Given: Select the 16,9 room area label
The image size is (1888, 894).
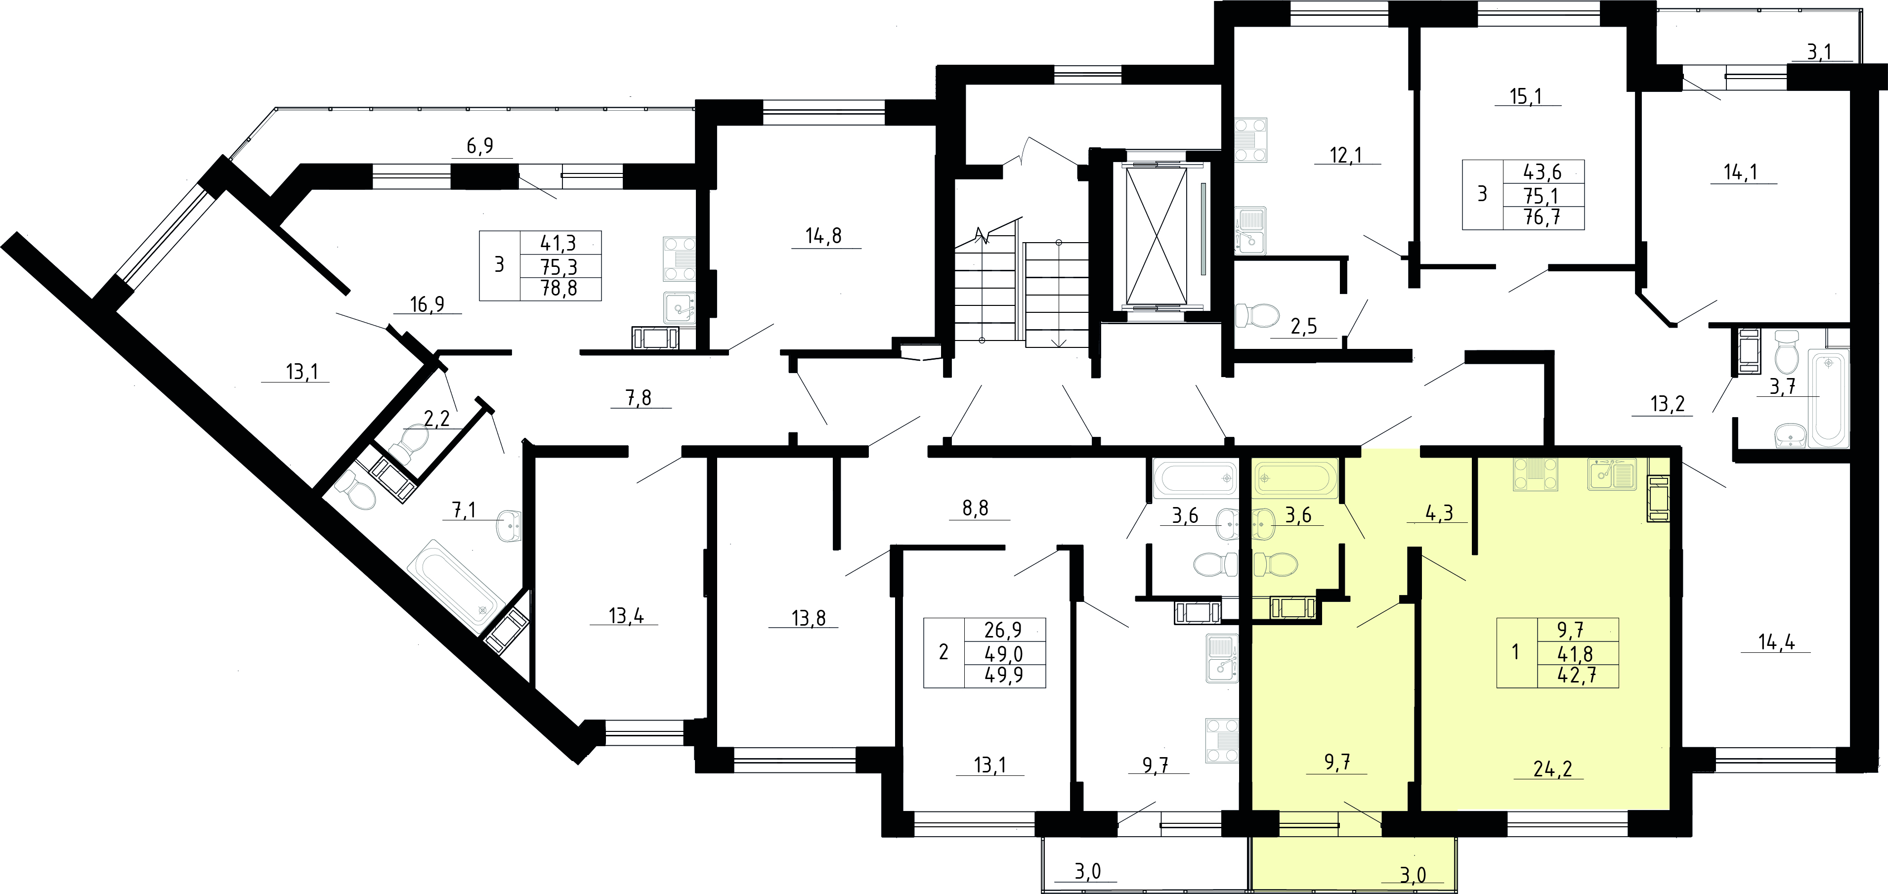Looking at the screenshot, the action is [x=428, y=304].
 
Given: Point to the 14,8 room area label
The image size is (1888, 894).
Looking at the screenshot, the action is [x=824, y=236].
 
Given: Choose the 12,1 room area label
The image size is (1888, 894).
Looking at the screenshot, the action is [x=1346, y=155].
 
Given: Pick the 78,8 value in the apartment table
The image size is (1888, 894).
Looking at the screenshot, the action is [x=559, y=289].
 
